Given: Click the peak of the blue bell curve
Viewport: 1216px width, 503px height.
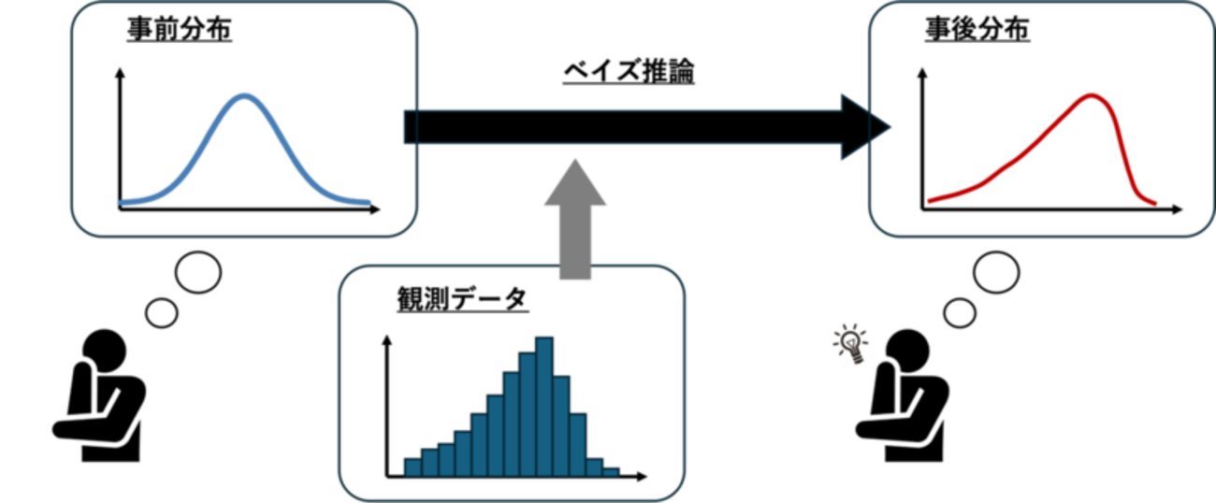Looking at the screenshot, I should coord(244,95).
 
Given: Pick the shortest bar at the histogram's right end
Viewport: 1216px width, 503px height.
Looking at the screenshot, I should coord(612,471).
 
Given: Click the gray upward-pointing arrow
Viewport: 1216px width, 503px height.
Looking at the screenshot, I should coord(575,215).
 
